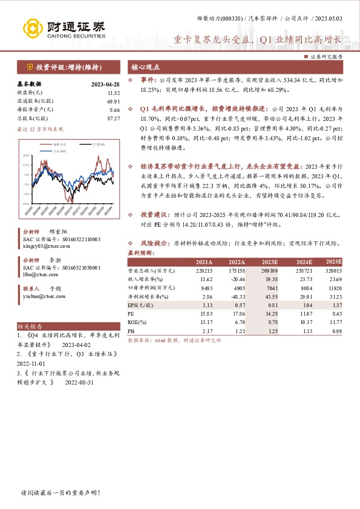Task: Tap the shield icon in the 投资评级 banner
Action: [x=30, y=67]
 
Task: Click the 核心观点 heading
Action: [x=145, y=68]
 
